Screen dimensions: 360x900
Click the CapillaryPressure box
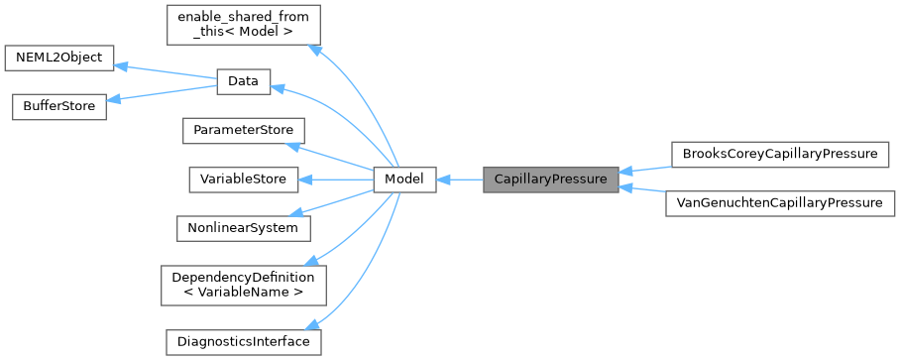point(550,180)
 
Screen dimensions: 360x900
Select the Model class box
point(404,180)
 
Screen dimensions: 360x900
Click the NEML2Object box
point(60,58)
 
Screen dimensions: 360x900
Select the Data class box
point(243,82)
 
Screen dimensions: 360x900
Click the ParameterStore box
point(243,131)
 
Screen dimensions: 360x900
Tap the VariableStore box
point(243,180)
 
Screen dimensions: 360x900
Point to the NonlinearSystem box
point(243,227)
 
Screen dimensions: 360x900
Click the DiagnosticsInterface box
point(243,341)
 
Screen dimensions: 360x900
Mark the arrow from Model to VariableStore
point(336,180)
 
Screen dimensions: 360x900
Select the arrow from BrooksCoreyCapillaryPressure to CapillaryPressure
point(645,166)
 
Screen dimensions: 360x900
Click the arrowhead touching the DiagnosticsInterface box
point(315,324)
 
